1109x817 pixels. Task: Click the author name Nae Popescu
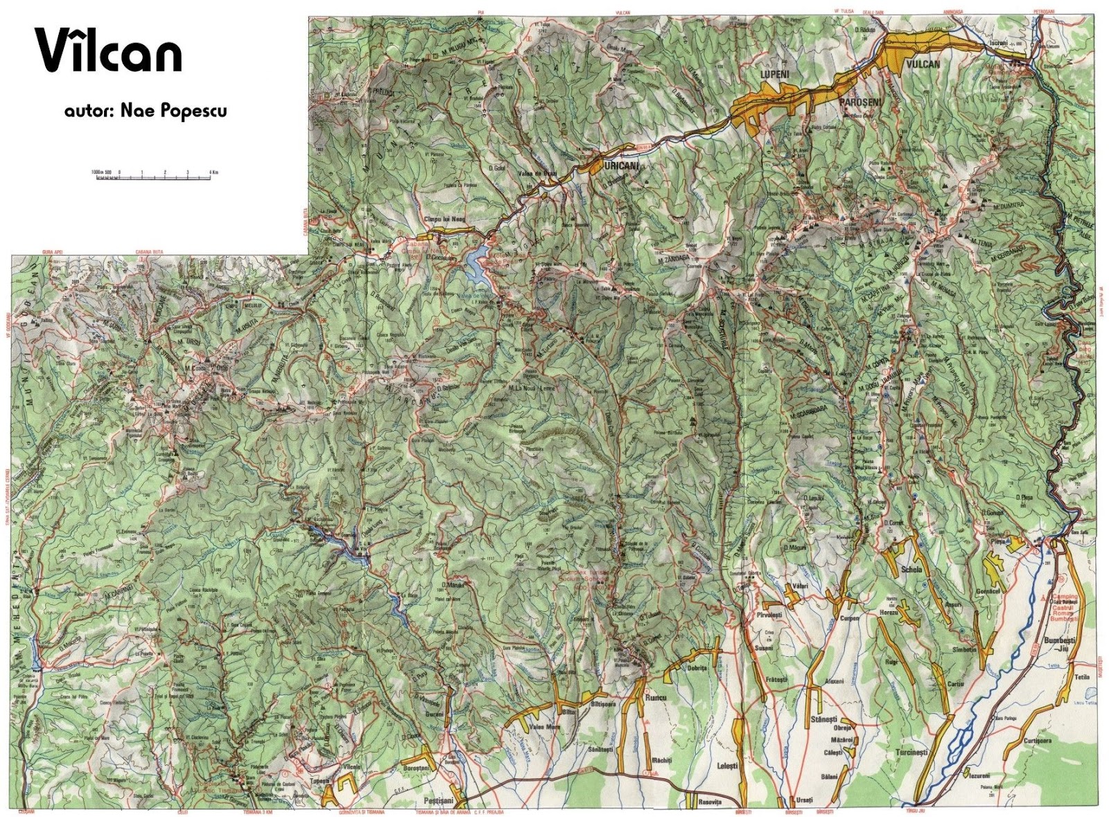click(145, 111)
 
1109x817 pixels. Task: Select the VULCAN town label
click(922, 64)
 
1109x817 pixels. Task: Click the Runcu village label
click(654, 698)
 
